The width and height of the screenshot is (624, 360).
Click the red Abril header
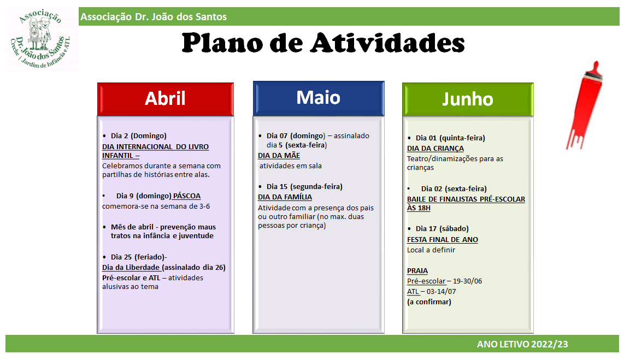point(165,99)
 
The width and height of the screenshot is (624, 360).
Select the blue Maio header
point(319,98)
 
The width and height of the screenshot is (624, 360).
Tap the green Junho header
point(468,99)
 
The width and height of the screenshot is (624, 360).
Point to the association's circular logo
point(41,39)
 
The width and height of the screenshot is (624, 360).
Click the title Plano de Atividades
point(323,43)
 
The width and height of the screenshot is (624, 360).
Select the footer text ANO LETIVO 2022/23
point(522,344)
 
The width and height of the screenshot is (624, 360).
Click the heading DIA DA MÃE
point(279,156)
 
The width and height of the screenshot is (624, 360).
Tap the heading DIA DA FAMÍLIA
point(285,197)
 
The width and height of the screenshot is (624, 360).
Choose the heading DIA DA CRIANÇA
point(435,149)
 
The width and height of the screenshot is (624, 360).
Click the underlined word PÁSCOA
point(187,196)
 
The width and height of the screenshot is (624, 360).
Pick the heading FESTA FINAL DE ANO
point(443,239)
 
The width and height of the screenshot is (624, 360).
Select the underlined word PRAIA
point(417,270)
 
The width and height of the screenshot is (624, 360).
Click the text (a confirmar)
point(429,302)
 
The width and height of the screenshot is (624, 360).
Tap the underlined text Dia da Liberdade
point(131,267)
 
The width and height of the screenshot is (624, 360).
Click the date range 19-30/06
point(467,281)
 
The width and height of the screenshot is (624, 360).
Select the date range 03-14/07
point(441,291)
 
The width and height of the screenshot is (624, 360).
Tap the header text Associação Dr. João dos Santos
point(154,17)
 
